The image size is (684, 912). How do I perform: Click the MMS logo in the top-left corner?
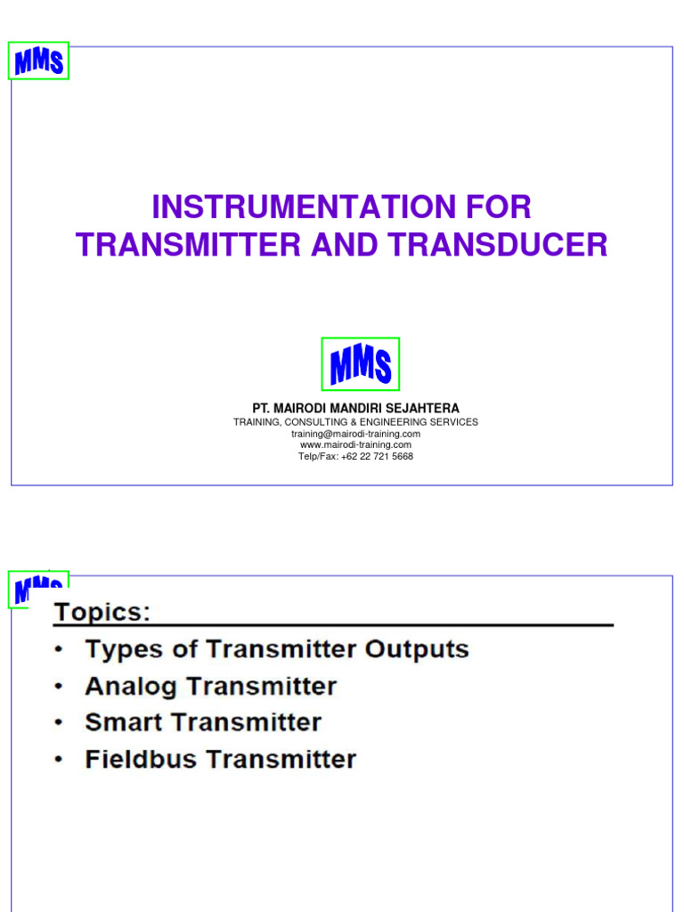coord(38,61)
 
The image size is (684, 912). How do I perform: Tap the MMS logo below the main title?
coord(360,364)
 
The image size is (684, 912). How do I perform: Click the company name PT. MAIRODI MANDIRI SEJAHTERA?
coord(355,408)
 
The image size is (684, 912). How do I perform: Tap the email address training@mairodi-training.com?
coord(355,434)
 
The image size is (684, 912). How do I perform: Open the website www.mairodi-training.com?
coord(355,444)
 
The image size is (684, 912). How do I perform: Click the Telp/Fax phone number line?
coord(355,456)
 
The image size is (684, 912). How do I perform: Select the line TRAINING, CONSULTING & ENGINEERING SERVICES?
coord(355,422)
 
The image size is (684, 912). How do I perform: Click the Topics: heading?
coord(102,613)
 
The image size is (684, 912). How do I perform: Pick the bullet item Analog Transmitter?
coord(210,687)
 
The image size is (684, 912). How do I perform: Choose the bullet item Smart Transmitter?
coord(203,722)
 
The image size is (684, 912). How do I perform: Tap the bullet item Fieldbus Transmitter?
coord(220,760)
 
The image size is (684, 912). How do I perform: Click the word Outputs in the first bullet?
coord(417,649)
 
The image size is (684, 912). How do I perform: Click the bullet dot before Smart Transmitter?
coord(58,723)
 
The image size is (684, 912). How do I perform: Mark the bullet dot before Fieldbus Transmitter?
coord(58,760)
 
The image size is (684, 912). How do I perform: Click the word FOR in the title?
coord(499,208)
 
